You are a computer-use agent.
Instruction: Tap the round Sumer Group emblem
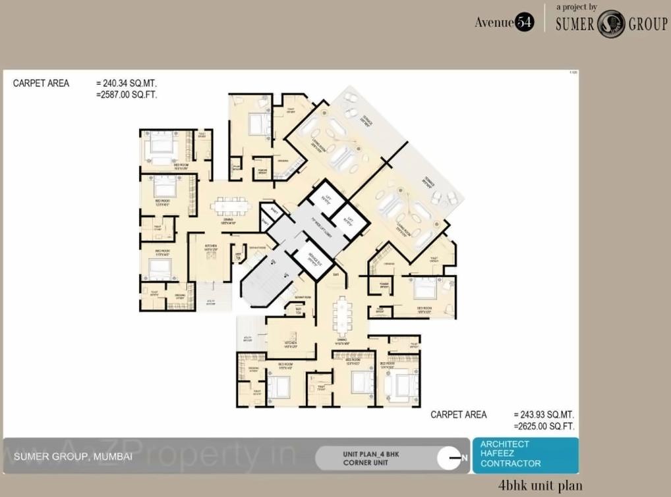(x=610, y=24)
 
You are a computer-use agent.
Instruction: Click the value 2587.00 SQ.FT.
(x=127, y=95)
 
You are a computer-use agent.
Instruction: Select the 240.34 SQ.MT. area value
(x=127, y=84)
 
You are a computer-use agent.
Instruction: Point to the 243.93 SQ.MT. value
(x=544, y=415)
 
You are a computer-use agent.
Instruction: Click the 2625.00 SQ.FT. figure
(x=544, y=427)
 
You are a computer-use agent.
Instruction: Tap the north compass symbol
(x=452, y=458)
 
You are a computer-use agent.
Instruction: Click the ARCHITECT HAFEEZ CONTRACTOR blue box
(x=525, y=454)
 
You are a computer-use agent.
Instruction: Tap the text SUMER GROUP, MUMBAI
(x=73, y=456)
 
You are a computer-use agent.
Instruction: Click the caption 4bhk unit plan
(x=540, y=486)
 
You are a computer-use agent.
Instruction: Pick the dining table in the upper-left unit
(x=230, y=206)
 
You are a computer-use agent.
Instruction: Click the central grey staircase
(x=264, y=279)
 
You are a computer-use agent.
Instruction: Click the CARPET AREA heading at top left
(x=41, y=84)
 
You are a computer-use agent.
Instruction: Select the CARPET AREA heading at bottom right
(x=459, y=415)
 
